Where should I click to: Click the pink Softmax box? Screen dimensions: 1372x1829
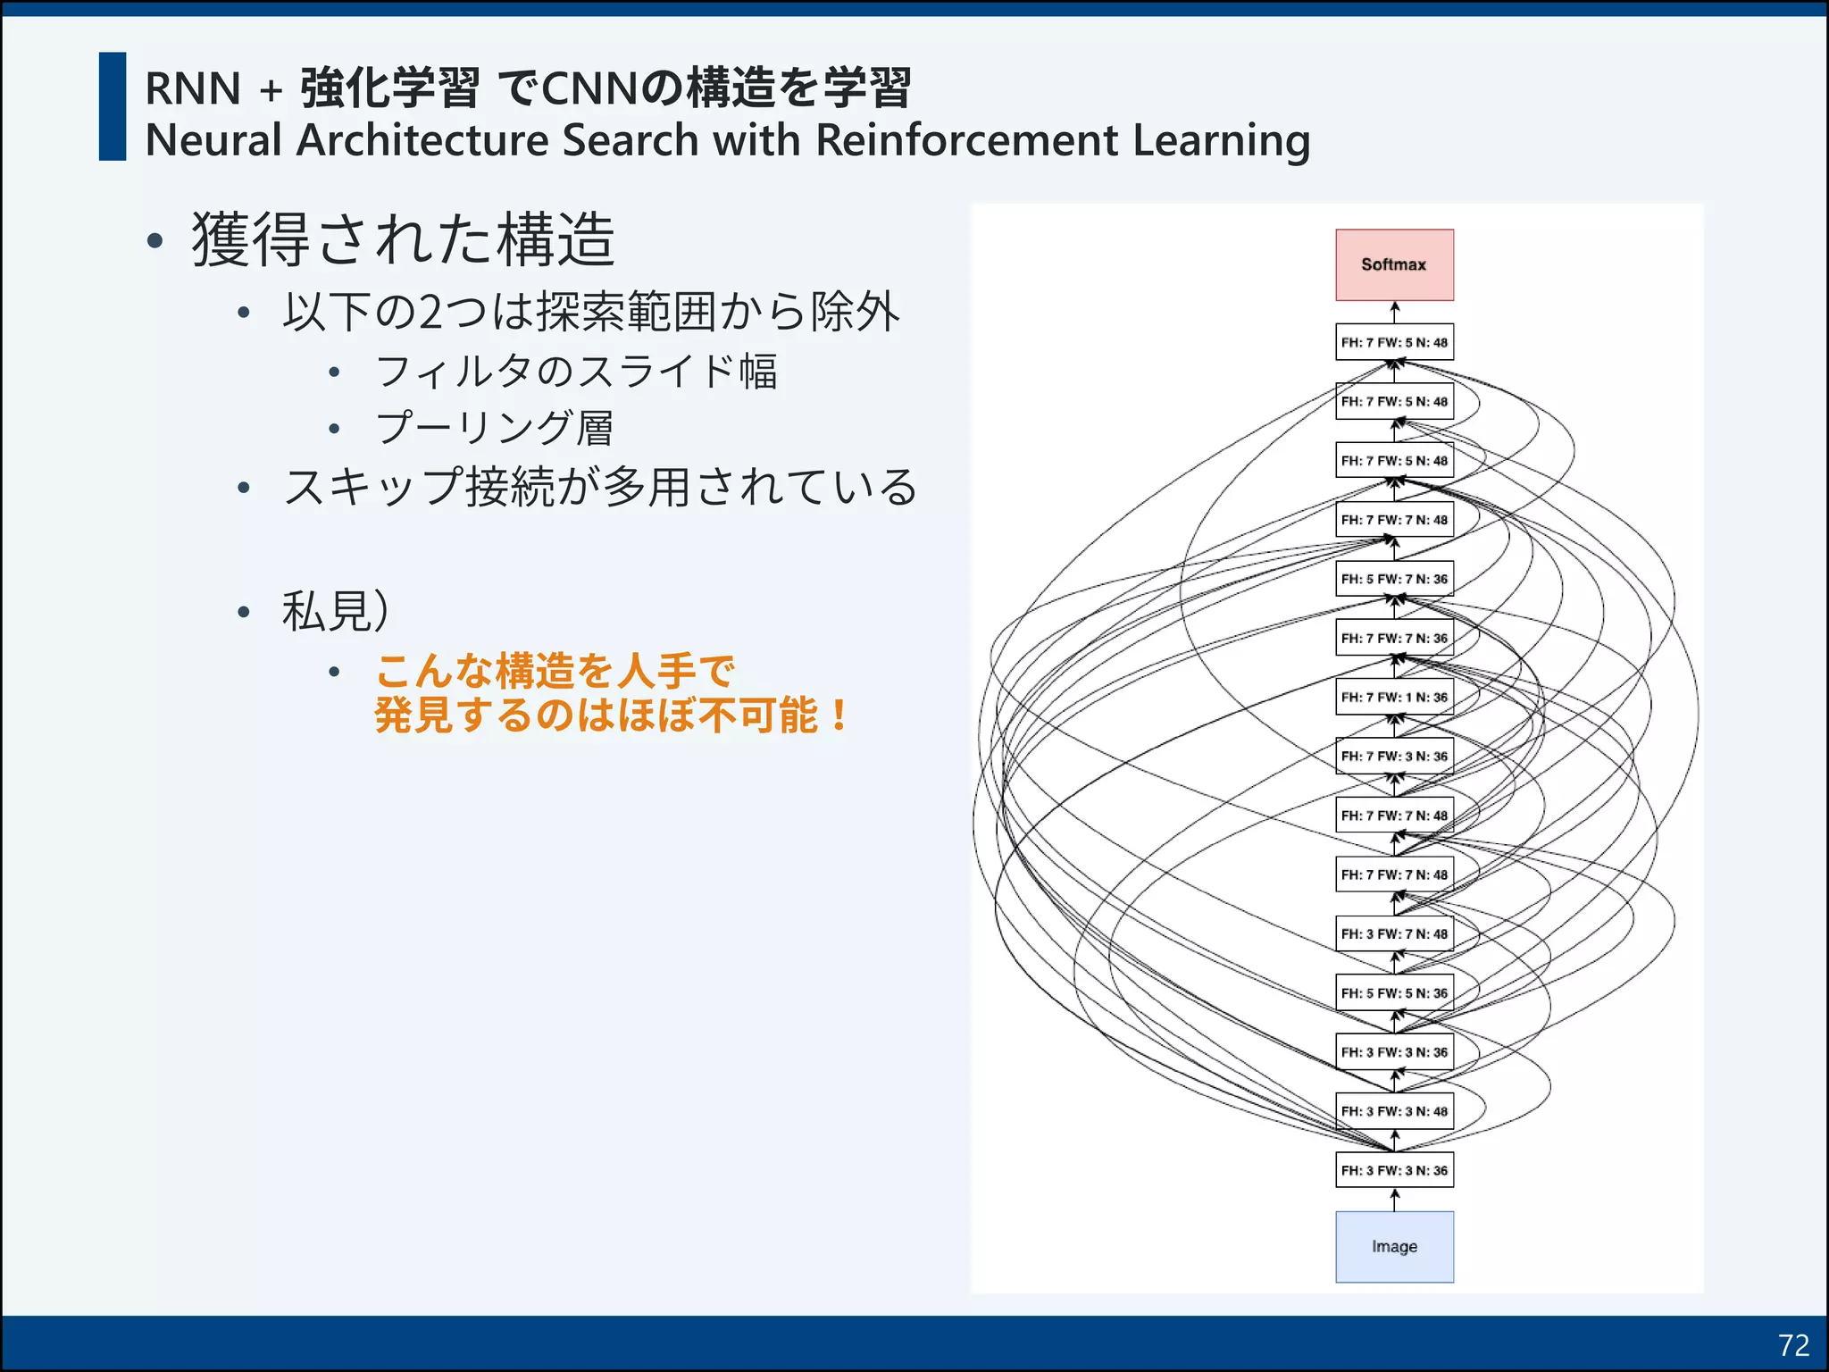click(x=1394, y=264)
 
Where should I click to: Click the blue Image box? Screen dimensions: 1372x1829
click(x=1394, y=1246)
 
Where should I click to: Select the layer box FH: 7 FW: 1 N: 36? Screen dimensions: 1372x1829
click(x=1394, y=697)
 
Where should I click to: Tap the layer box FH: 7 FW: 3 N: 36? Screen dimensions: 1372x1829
click(x=1394, y=756)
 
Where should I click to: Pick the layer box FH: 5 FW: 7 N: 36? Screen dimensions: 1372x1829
click(x=1394, y=579)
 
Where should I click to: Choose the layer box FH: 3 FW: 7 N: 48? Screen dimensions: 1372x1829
click(x=1394, y=933)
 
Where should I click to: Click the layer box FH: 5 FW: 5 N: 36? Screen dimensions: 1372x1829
click(x=1394, y=992)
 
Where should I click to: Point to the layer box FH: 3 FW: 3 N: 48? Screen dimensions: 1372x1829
click(x=1394, y=1111)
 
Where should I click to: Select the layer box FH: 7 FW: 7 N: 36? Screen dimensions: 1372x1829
click(x=1394, y=638)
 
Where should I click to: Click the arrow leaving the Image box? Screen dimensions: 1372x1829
click(x=1394, y=1200)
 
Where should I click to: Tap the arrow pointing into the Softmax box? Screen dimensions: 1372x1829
click(x=1394, y=312)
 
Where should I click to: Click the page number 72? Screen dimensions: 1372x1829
click(x=1793, y=1345)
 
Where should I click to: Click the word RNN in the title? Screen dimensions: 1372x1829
click(x=193, y=88)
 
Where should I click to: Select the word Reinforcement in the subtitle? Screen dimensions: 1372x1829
click(x=966, y=140)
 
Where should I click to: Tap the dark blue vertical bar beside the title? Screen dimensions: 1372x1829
click(x=113, y=106)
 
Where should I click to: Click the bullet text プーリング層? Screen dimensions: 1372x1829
click(x=494, y=428)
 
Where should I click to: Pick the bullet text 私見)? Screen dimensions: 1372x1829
click(x=335, y=612)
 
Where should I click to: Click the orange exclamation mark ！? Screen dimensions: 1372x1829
click(x=839, y=715)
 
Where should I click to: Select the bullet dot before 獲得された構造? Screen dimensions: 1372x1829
click(x=155, y=241)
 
